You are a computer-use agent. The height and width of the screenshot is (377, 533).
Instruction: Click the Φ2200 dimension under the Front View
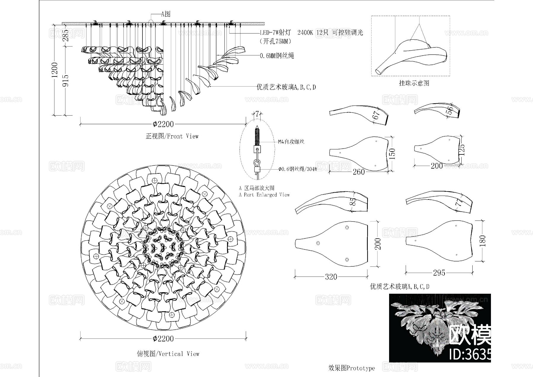pyautogui.click(x=163, y=124)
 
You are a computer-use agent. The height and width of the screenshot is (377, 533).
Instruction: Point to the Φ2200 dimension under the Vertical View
pyautogui.click(x=163, y=338)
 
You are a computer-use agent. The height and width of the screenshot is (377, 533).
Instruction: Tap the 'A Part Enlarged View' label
pyautogui.click(x=264, y=195)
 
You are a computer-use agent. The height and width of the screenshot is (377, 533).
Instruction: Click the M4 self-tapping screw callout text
pyautogui.click(x=291, y=142)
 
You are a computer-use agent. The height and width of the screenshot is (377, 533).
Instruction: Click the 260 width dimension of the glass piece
pyautogui.click(x=359, y=172)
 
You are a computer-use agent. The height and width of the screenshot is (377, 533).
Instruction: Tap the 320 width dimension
pyautogui.click(x=331, y=277)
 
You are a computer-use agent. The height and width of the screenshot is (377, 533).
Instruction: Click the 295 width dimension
pyautogui.click(x=439, y=273)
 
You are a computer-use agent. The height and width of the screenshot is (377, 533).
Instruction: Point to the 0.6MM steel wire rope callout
pyautogui.click(x=277, y=56)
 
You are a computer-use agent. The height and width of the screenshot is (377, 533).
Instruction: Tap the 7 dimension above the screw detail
pyautogui.click(x=257, y=114)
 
